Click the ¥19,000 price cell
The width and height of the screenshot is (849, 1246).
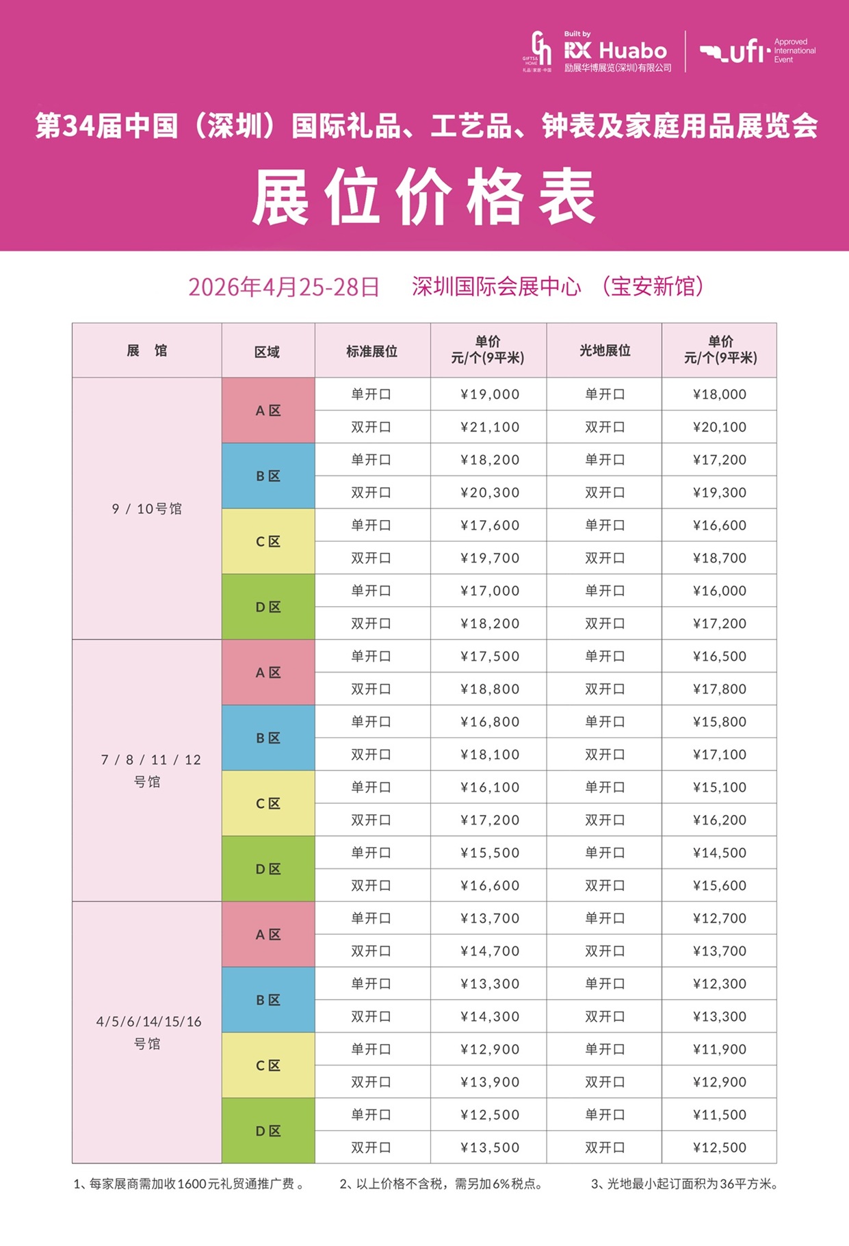[489, 394]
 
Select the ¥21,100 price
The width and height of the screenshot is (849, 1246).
[489, 427]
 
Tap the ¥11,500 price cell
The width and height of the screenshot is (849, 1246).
[719, 1115]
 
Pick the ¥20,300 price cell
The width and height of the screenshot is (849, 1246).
[489, 493]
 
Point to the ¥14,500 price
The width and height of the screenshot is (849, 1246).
[719, 853]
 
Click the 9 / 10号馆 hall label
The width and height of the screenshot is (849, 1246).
[147, 508]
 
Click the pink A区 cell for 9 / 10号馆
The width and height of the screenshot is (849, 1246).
[268, 411]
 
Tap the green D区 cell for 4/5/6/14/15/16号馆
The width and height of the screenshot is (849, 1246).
[268, 1131]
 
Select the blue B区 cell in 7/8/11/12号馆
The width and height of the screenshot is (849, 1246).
[268, 738]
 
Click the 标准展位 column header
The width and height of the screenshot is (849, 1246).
[371, 351]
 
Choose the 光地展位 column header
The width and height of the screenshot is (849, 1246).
[605, 350]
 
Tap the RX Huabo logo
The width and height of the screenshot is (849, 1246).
[614, 51]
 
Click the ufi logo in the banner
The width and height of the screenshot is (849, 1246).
[735, 52]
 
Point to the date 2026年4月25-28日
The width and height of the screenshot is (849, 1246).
[283, 287]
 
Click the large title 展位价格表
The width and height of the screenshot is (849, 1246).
[424, 198]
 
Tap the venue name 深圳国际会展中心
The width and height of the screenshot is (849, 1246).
[496, 286]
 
